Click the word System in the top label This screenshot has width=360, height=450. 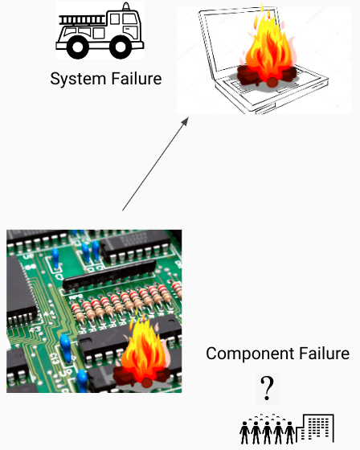pos(78,79)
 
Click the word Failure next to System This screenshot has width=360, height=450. pos(137,79)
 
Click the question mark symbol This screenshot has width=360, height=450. pos(267,388)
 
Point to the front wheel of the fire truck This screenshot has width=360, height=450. pos(121,47)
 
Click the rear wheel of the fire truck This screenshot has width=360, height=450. pos(77,47)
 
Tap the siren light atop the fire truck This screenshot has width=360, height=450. pos(125,7)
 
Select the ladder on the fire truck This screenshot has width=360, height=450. pos(83,20)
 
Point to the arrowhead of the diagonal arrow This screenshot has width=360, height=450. pos(186,121)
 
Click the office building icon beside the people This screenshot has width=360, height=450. pos(315,428)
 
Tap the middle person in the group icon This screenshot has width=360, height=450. pos(267,432)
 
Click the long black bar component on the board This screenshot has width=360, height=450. pos(109,275)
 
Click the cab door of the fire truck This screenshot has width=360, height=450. pos(130,27)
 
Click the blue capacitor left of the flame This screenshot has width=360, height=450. pos(65,348)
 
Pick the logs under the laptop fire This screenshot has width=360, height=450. pos(267,76)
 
